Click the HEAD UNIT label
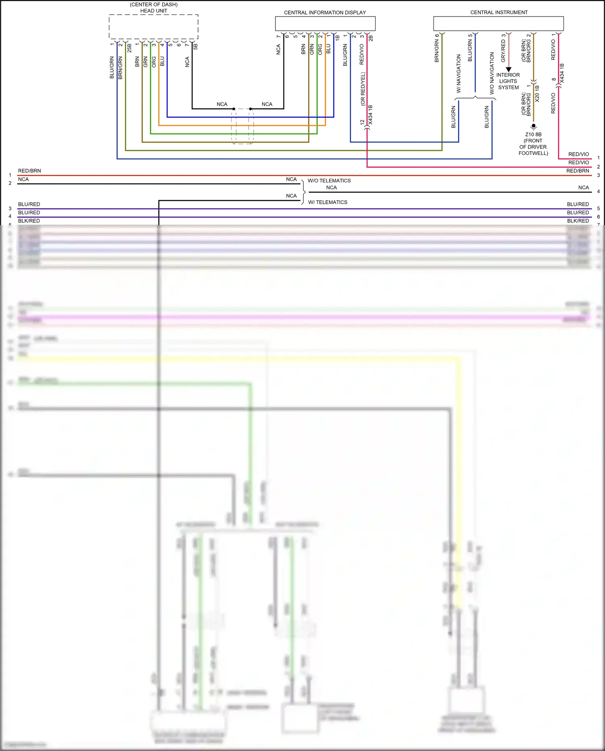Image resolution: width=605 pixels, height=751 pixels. point(153,11)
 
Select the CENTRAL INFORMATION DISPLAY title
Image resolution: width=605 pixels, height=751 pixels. point(325,13)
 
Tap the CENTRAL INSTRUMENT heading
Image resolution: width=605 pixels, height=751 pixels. point(499,13)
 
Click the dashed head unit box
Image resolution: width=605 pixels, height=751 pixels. point(153,27)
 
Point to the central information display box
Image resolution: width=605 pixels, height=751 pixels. point(325,23)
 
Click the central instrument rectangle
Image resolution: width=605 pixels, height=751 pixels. point(498,23)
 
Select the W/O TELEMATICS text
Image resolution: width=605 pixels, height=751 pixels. point(329,181)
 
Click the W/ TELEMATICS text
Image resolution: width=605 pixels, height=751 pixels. point(328,202)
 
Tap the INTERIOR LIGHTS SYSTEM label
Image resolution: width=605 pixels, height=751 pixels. point(508,81)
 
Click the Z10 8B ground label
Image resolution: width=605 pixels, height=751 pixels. point(533,135)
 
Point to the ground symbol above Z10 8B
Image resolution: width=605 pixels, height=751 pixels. point(533,126)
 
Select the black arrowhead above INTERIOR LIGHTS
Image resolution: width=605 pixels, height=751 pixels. point(509,69)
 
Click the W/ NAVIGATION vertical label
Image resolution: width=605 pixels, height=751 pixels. point(459,74)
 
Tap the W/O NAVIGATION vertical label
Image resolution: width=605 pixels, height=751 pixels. point(492,73)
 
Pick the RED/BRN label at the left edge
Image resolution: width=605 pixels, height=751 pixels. point(29,171)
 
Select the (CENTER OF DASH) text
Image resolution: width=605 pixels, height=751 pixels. point(154,4)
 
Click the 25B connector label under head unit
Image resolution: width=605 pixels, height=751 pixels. point(129,48)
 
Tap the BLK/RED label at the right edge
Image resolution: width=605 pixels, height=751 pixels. point(578,221)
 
